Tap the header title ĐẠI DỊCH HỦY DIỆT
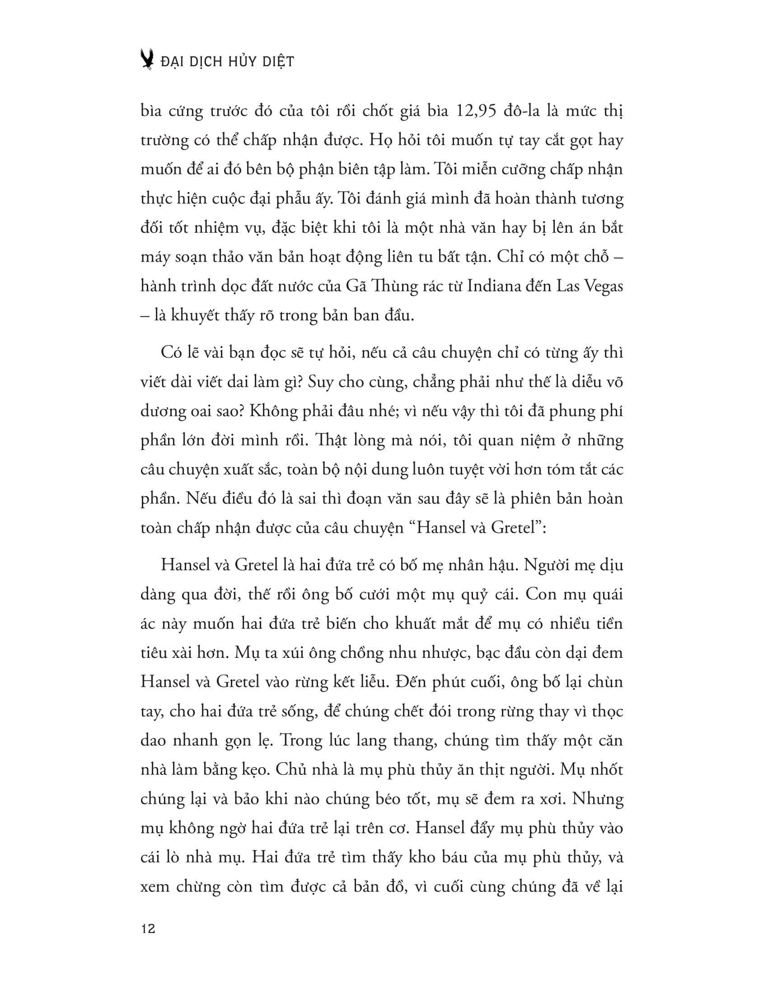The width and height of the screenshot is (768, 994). (x=228, y=61)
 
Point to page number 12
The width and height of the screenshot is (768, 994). (x=148, y=929)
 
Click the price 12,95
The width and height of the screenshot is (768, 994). (x=473, y=111)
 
